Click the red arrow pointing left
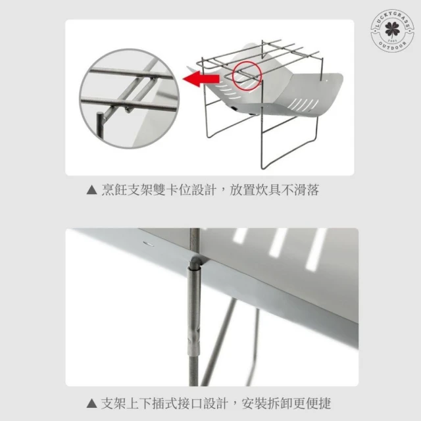point(201,79)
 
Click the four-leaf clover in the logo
point(392,30)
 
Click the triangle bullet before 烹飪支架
point(92,190)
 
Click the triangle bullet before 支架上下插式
point(92,403)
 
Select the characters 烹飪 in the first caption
point(114,190)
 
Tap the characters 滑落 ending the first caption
point(307,190)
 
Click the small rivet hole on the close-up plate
point(148,244)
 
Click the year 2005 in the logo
point(392,40)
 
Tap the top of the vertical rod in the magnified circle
point(100,114)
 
